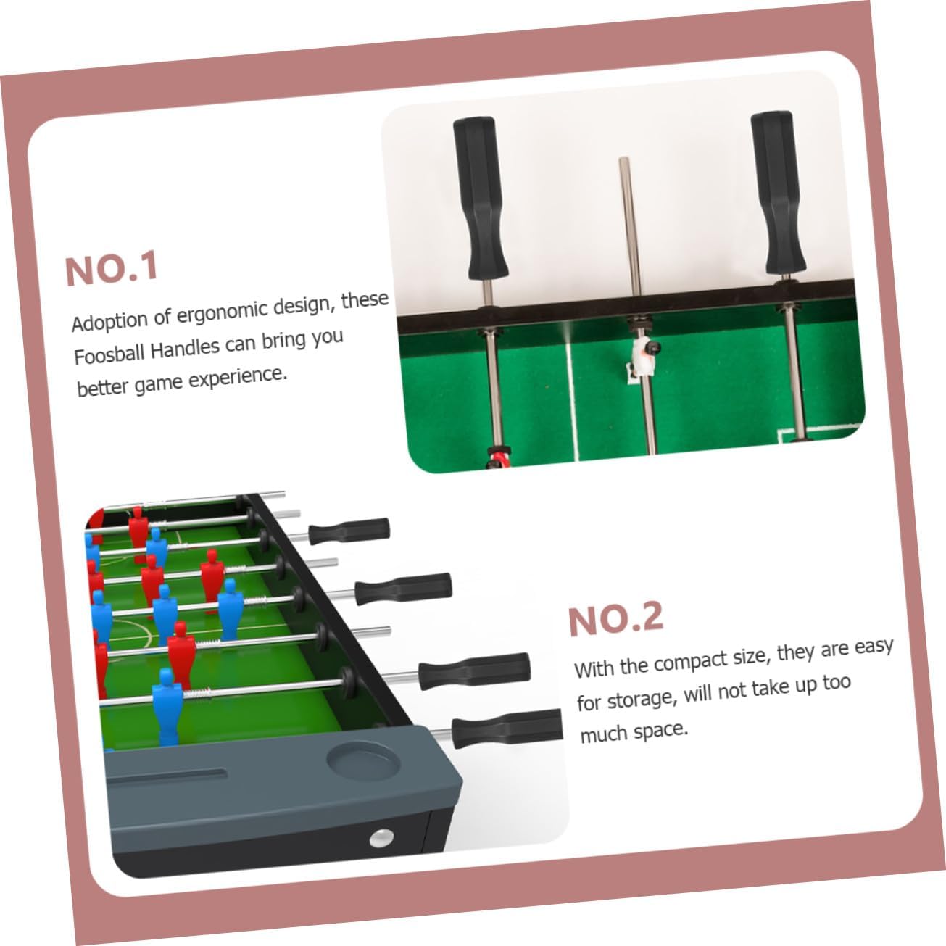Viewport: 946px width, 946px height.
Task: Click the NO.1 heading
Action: point(112,268)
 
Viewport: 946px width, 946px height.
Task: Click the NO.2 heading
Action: point(616,619)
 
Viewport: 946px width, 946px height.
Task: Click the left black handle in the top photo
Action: point(479,198)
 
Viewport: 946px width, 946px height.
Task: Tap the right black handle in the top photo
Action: point(777,193)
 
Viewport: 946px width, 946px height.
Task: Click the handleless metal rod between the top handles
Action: point(637,305)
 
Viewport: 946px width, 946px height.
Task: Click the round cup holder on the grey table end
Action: point(363,762)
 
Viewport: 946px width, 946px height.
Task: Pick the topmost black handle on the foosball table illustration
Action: point(349,531)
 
